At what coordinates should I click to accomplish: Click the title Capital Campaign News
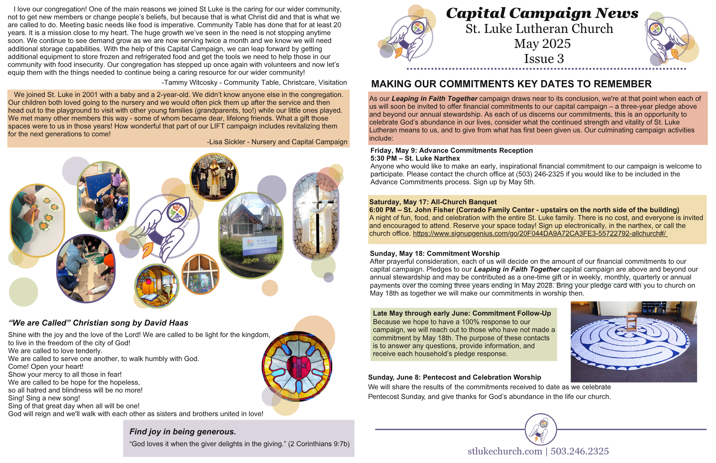click(542, 14)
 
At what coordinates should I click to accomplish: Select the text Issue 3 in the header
click(544, 59)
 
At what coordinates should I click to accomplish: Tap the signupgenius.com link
click(540, 234)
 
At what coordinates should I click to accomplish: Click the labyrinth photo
click(633, 342)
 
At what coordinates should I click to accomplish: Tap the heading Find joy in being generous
click(183, 432)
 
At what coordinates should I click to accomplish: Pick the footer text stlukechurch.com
click(505, 451)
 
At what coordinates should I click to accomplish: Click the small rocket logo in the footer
click(541, 429)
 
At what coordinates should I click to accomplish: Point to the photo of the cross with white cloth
click(316, 216)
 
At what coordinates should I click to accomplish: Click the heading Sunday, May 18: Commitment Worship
click(435, 254)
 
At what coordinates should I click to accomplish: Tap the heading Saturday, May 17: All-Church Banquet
click(433, 202)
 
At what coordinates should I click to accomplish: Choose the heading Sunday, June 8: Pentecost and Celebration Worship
click(455, 377)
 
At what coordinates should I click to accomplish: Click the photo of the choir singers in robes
click(214, 177)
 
